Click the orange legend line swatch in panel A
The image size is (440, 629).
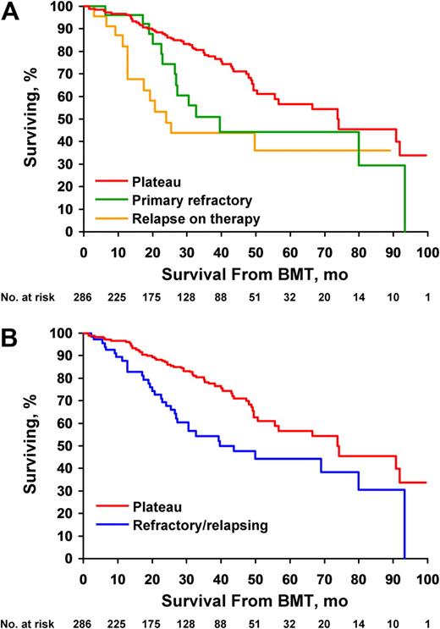(107, 218)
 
